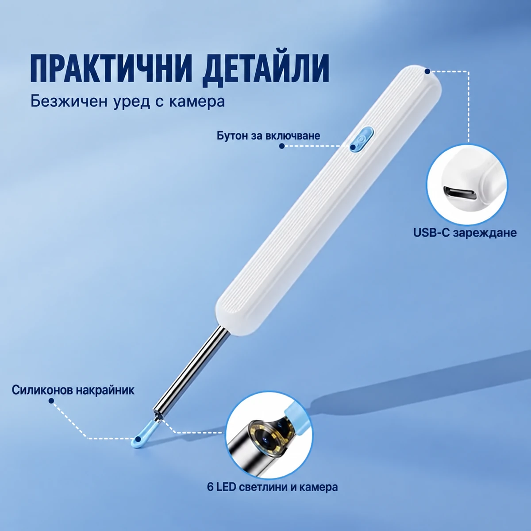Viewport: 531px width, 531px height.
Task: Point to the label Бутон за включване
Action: pos(269,136)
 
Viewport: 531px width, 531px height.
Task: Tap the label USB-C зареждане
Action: pos(465,233)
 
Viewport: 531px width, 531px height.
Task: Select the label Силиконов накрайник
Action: pos(73,390)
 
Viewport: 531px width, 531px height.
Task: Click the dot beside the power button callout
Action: pos(281,146)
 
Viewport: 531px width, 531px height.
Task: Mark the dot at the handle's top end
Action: pos(427,71)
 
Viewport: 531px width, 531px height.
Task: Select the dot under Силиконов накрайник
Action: pos(51,401)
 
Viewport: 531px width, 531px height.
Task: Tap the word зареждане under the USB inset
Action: pos(485,233)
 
